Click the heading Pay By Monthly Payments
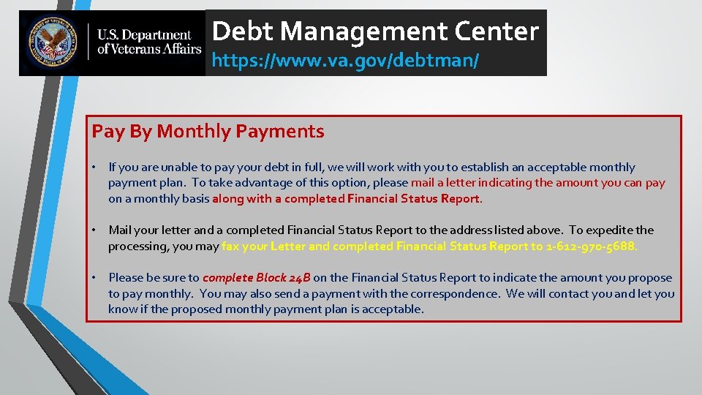point(208,132)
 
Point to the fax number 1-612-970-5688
point(592,247)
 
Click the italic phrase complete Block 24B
point(256,278)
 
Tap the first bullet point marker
point(95,168)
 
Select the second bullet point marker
point(95,230)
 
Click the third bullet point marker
point(95,278)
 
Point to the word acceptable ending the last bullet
point(396,309)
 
